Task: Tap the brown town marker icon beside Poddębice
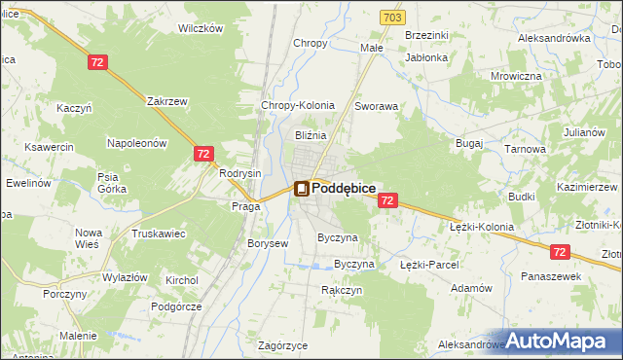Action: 302,189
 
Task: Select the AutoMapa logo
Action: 562,341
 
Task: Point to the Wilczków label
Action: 201,28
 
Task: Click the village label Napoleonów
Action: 137,143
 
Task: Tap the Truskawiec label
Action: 159,234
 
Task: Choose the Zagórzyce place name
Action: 283,345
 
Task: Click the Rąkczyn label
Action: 342,290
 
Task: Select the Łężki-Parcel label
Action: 429,264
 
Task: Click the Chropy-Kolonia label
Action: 298,105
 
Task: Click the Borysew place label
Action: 268,243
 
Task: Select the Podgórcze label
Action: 176,306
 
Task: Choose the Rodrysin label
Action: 240,173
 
